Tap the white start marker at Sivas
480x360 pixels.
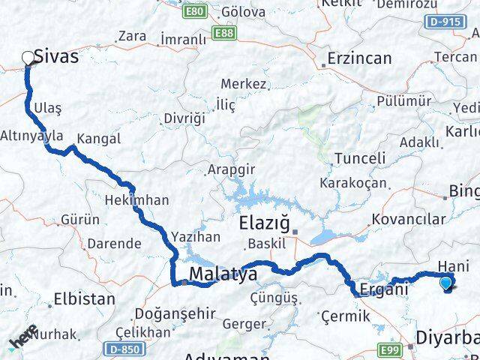[28, 57]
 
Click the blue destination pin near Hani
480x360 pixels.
[447, 283]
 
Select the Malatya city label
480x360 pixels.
[223, 275]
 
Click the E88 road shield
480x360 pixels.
[223, 33]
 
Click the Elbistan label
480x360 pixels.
[84, 298]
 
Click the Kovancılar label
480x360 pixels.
[408, 220]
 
